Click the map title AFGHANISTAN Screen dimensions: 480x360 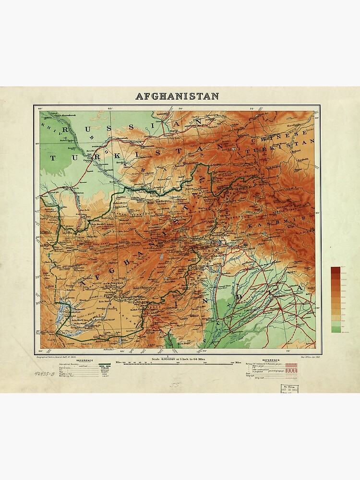(x=177, y=96)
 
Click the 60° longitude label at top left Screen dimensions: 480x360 (x=40, y=109)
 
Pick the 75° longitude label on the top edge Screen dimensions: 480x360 (x=252, y=109)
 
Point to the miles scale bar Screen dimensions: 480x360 (x=179, y=364)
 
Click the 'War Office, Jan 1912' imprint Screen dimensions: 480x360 (x=301, y=357)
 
